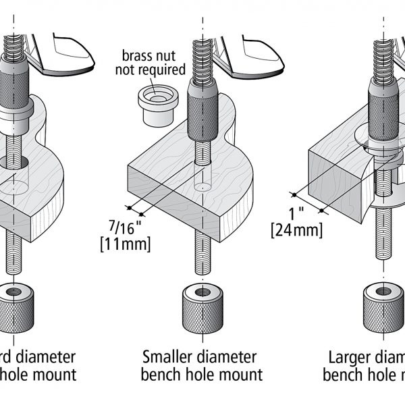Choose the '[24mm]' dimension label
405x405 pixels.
click(x=297, y=230)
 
